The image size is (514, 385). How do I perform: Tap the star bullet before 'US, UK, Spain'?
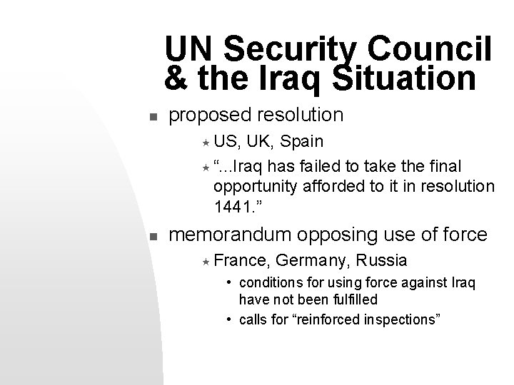tap(204, 143)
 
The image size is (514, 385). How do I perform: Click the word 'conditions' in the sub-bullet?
tap(271, 283)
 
